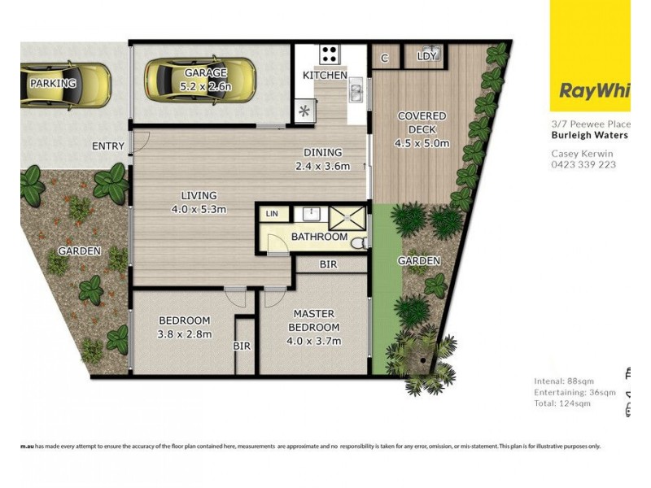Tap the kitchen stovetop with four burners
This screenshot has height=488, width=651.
330,54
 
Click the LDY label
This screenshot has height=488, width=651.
426,57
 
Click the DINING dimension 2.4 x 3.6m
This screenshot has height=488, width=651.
322,168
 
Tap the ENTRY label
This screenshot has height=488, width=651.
108,146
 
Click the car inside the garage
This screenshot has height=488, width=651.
199,78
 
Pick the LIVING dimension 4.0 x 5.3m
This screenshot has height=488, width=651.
199,209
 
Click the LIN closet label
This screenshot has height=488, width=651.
271,213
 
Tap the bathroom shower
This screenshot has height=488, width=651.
348,219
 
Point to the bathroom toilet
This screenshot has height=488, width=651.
359,242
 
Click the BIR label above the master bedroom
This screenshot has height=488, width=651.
328,265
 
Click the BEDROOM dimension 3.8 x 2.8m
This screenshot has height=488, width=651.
184,333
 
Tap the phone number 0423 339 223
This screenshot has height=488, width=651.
583,164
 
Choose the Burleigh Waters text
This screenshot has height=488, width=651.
589,135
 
